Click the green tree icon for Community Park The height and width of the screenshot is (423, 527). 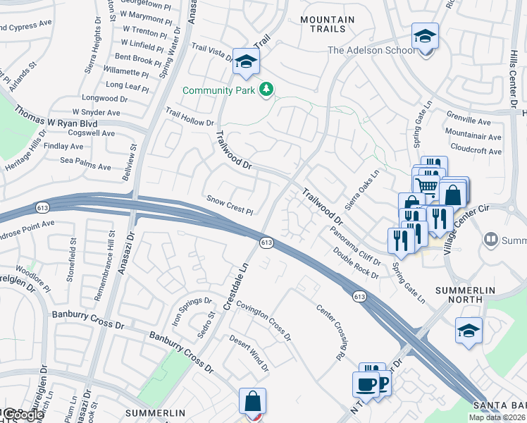point(266,89)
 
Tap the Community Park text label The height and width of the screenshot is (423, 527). point(220,90)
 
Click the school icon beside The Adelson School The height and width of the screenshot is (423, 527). point(426,35)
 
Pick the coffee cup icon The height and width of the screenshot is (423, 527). point(365,384)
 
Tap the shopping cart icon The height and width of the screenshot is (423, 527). point(425,185)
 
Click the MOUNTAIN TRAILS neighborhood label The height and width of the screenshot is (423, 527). point(323,24)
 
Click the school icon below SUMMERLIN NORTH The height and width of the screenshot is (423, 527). point(469,330)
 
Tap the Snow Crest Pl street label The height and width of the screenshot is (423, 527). point(229,204)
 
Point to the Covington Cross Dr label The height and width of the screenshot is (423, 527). point(263,319)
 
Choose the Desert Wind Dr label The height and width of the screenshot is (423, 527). point(249,353)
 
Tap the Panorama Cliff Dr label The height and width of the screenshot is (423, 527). point(356,245)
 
